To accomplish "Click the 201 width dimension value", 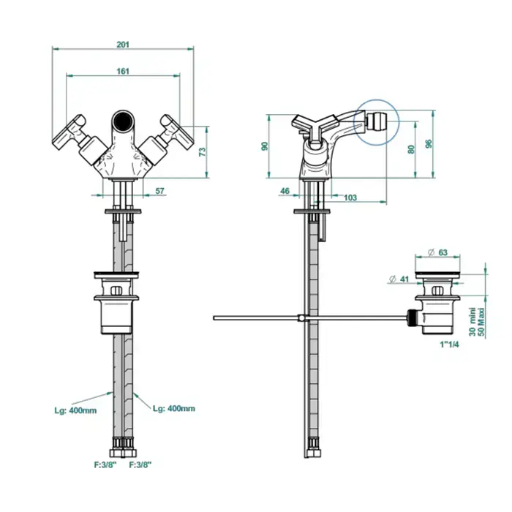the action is point(123,45).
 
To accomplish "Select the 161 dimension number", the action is point(123,71).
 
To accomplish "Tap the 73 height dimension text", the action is point(203,152).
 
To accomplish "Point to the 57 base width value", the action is point(159,191).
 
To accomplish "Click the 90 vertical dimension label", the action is point(265,146).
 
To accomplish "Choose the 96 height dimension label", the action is point(429,143).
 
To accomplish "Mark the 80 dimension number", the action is point(411,149).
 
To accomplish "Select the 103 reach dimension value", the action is point(350,197).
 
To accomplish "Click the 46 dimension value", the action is point(285,191).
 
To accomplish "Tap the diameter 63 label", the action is point(437,252).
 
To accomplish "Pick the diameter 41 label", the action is point(399,279).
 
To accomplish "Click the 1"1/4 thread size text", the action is point(450,345).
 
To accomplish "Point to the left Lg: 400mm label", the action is point(75,411).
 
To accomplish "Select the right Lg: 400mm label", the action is point(174,408).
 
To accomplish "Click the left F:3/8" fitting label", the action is point(105,464).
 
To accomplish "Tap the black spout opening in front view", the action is point(123,121).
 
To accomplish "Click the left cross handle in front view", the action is point(69,132).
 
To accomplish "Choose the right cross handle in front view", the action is point(177,132).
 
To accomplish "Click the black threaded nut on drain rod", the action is point(413,317).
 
